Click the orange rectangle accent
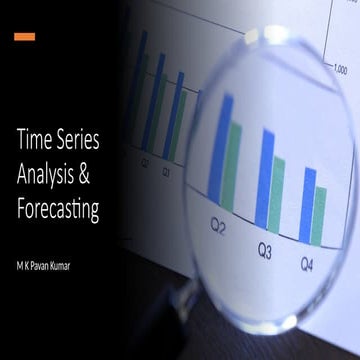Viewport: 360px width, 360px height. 25,36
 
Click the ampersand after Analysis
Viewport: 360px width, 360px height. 97,177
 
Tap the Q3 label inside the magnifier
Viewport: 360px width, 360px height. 265,249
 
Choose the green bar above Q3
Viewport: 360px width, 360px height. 277,194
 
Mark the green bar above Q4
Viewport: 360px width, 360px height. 319,215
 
